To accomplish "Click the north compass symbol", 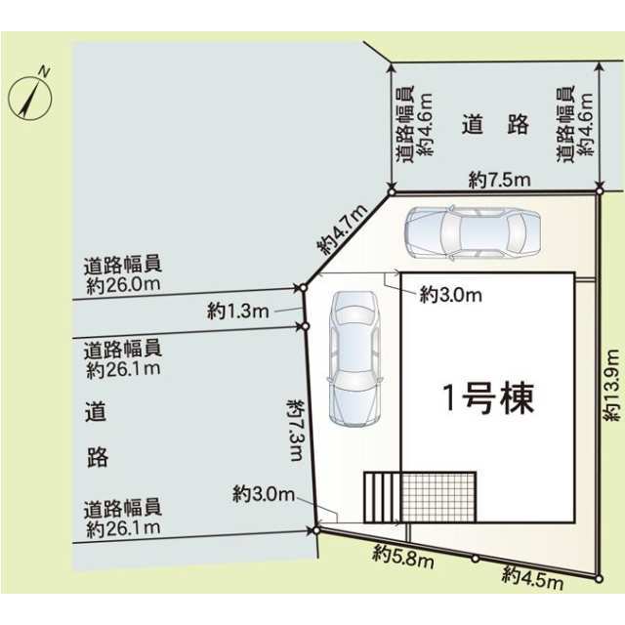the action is pyautogui.click(x=30, y=97).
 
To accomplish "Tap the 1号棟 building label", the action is pyautogui.click(x=488, y=398).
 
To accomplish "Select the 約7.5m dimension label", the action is pyautogui.click(x=499, y=180).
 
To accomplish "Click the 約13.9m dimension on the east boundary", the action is pyautogui.click(x=612, y=385).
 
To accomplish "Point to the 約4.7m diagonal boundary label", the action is pyautogui.click(x=342, y=229).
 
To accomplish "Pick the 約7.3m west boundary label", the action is pyautogui.click(x=296, y=430).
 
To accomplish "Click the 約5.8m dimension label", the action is pyautogui.click(x=403, y=558).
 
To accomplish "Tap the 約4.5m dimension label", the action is pyautogui.click(x=533, y=577).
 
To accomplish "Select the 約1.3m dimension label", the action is pyautogui.click(x=238, y=311).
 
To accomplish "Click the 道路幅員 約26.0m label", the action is pyautogui.click(x=123, y=274).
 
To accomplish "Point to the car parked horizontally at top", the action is pyautogui.click(x=473, y=232).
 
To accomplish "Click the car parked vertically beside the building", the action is pyautogui.click(x=354, y=358).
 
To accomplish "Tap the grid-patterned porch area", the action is pyautogui.click(x=438, y=497).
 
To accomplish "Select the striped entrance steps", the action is pyautogui.click(x=382, y=497).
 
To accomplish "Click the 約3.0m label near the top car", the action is pyautogui.click(x=450, y=295).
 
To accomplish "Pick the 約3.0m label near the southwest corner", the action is pyautogui.click(x=264, y=494).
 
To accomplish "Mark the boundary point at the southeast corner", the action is pyautogui.click(x=598, y=579).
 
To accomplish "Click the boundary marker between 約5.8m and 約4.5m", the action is pyautogui.click(x=475, y=559).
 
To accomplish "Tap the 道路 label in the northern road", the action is pyautogui.click(x=495, y=124).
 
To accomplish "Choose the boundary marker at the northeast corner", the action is pyautogui.click(x=599, y=191).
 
